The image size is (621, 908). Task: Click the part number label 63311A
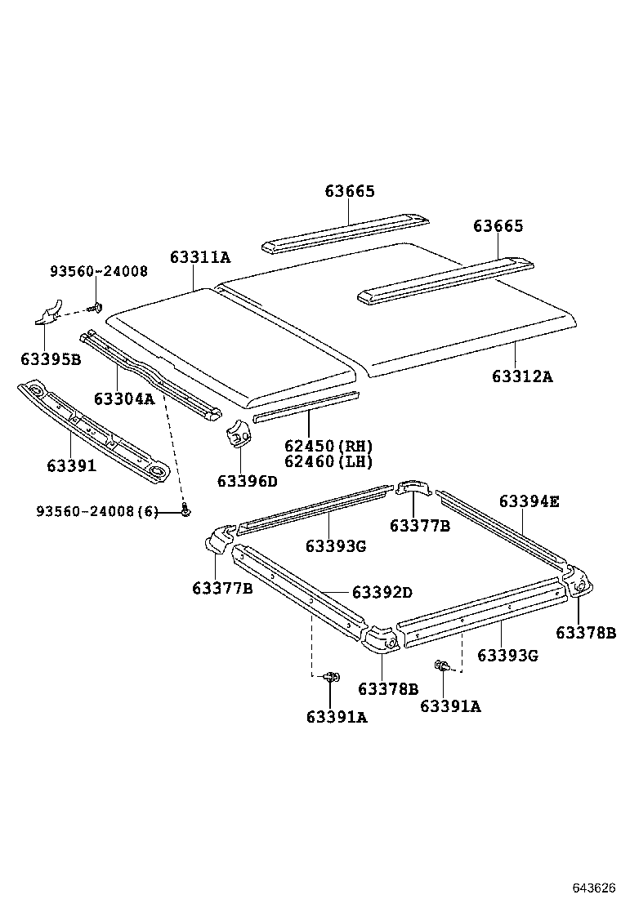200,257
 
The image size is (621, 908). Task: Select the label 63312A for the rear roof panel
522,376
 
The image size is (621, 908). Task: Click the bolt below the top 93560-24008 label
97,308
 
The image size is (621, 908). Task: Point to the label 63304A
123,398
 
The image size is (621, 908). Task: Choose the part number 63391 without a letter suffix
71,465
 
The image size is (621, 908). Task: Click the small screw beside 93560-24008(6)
186,511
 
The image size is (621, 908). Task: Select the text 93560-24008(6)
96,511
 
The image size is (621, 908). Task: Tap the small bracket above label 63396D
238,435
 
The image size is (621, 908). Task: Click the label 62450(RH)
328,446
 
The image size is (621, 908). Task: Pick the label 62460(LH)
328,461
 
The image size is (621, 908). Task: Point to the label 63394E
529,501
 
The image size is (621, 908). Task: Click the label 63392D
382,592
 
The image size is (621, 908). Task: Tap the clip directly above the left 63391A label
331,677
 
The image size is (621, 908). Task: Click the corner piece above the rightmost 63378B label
579,581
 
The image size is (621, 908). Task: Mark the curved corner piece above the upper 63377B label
414,488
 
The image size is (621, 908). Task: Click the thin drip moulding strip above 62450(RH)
306,406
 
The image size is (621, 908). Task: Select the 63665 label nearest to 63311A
350,192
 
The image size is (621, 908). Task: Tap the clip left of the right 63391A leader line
442,666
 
